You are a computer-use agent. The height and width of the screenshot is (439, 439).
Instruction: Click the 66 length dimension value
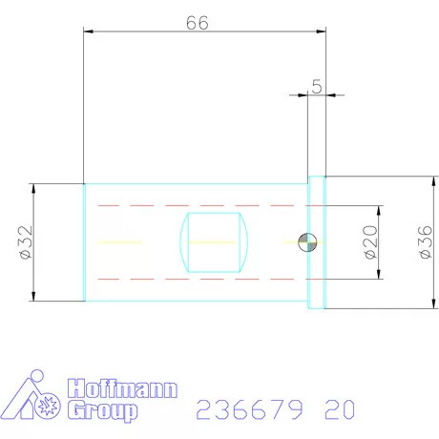pyautogui.click(x=198, y=23)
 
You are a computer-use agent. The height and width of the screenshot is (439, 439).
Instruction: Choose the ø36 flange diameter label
pyautogui.click(x=423, y=242)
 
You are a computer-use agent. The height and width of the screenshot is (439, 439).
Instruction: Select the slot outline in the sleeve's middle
pyautogui.click(x=216, y=243)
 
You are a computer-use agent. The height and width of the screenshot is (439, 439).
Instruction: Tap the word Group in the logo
pyautogui.click(x=102, y=410)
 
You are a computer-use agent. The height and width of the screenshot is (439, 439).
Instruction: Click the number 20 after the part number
pyautogui.click(x=341, y=410)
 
